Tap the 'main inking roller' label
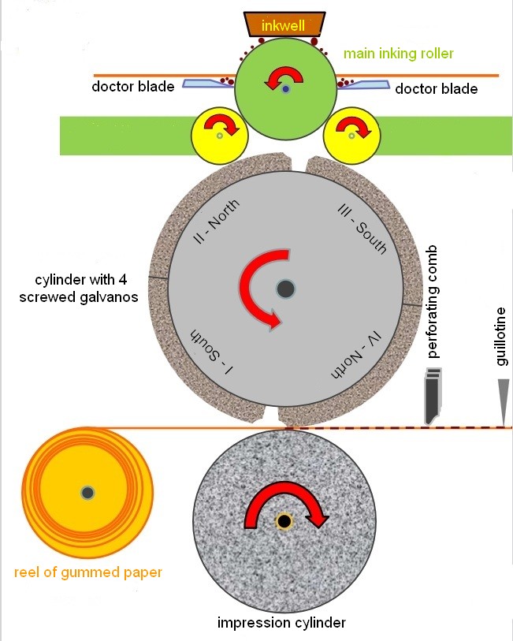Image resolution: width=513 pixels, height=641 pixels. pyautogui.click(x=398, y=54)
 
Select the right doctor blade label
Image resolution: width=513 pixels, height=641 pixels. pyautogui.click(x=436, y=88)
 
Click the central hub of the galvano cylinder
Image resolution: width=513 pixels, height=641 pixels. pyautogui.click(x=285, y=289)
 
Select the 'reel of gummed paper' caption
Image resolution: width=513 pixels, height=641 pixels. pyautogui.click(x=88, y=572)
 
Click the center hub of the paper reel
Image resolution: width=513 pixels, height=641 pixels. pyautogui.click(x=87, y=493)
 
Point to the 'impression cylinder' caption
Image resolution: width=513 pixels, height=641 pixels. pyautogui.click(x=281, y=623)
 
